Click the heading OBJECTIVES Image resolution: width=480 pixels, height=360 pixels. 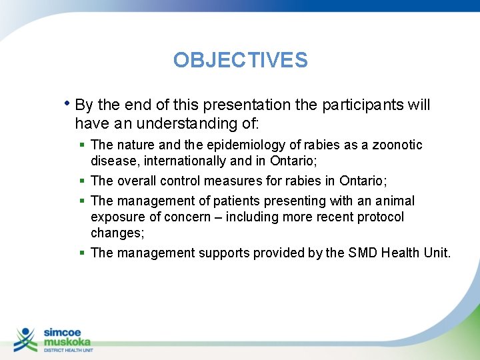tap(240, 61)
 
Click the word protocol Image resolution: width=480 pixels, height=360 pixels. tap(379, 217)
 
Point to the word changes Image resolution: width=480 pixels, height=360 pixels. tap(116, 233)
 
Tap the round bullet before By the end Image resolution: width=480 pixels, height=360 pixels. tap(69, 104)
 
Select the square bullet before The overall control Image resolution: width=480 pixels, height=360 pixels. tap(81, 181)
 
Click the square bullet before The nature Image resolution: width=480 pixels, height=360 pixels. tap(81, 145)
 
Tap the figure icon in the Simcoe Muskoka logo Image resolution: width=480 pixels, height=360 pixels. tap(26, 339)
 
